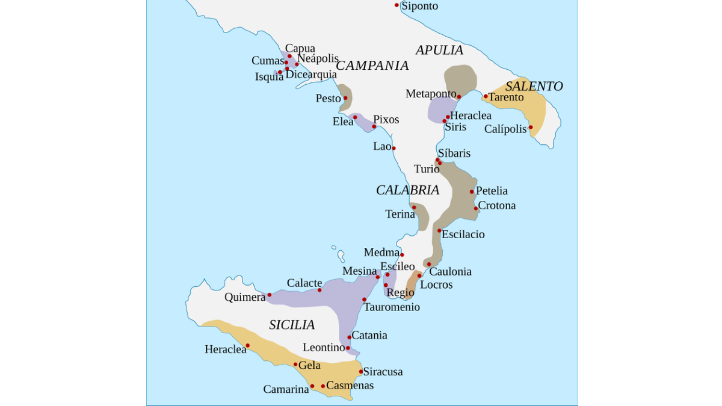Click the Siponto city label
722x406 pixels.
click(x=419, y=6)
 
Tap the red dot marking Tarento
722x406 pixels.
click(x=486, y=96)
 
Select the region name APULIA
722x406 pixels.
click(x=439, y=50)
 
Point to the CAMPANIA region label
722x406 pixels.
click(x=372, y=66)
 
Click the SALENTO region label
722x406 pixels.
click(x=534, y=86)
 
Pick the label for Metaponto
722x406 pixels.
click(x=431, y=94)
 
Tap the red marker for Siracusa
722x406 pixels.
click(x=361, y=371)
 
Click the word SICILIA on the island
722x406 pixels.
click(x=292, y=325)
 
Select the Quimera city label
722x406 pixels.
click(x=245, y=297)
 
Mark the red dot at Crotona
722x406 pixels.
click(x=476, y=209)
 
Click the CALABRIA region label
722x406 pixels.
click(x=407, y=190)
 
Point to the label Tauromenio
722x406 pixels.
click(x=392, y=307)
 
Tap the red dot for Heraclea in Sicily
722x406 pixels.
click(x=247, y=345)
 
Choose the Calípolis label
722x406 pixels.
click(x=505, y=129)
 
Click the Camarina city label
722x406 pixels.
click(x=286, y=389)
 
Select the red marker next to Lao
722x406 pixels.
click(x=393, y=148)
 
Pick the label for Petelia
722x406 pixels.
click(x=492, y=191)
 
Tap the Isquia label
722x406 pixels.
click(x=269, y=76)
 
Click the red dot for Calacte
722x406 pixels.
click(x=319, y=290)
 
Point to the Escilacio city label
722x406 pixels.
click(x=463, y=234)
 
